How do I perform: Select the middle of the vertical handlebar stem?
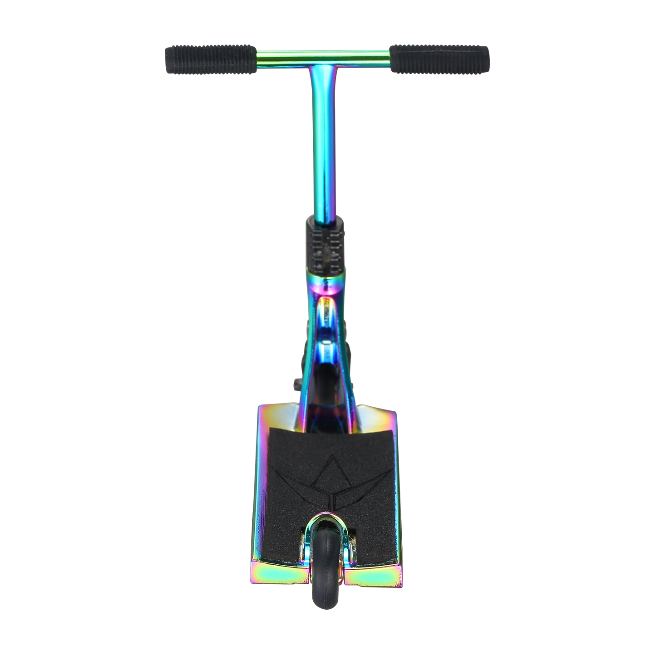326,145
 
